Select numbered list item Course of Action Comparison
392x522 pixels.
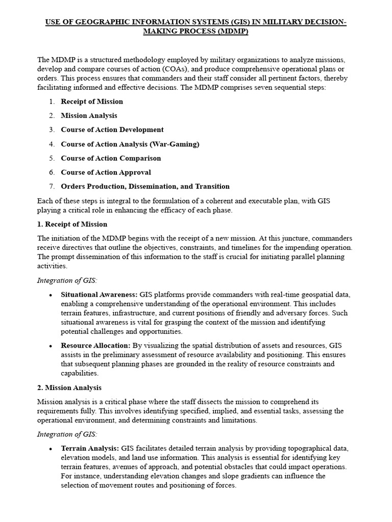111,158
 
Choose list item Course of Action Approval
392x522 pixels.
106,172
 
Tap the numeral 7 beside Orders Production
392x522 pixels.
52,187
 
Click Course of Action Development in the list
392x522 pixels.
112,130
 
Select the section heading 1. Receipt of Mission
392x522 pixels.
72,224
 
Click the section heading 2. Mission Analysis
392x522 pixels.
69,388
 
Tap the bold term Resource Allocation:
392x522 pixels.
95,346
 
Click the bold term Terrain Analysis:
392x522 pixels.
90,449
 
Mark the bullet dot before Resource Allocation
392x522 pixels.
51,346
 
